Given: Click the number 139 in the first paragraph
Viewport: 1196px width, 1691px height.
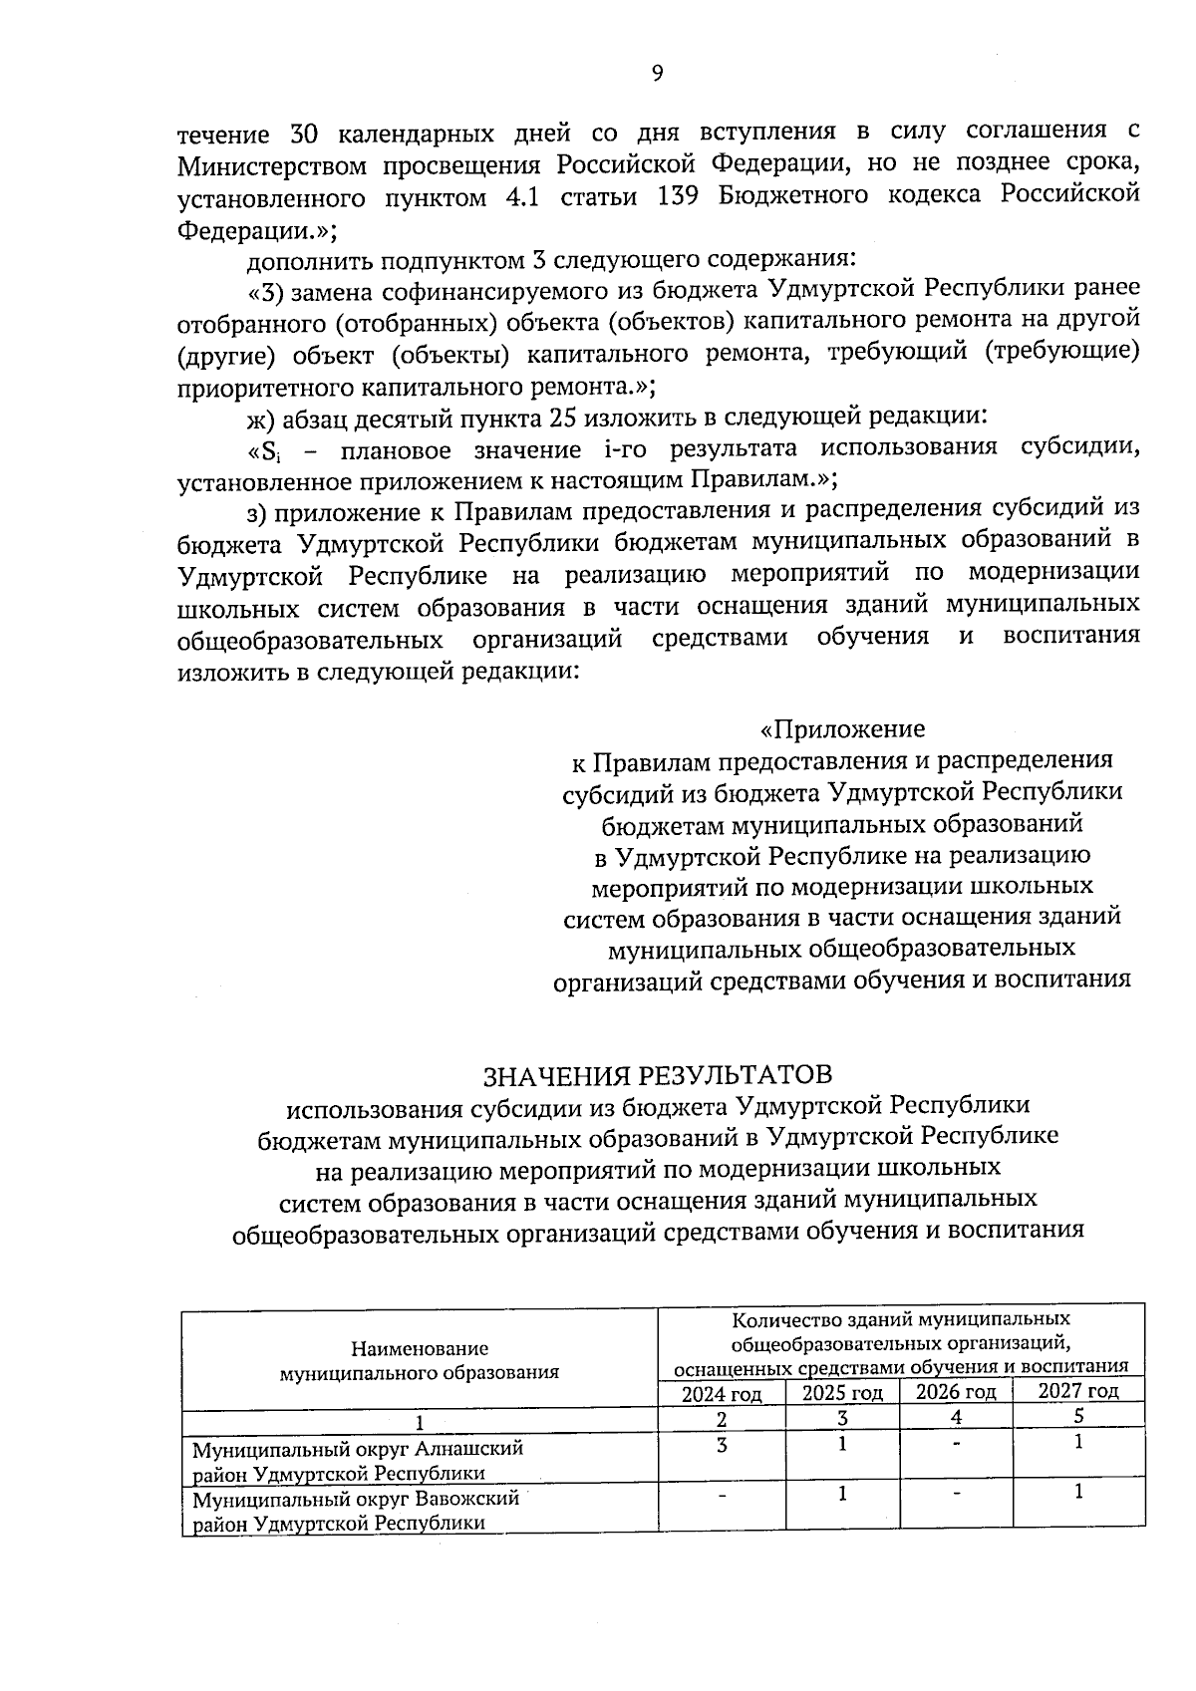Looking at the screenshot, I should pos(679,195).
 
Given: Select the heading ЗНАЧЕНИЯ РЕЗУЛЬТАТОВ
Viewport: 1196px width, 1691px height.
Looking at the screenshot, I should pos(657,1074).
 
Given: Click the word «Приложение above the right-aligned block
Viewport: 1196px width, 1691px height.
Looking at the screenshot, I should pos(842,728).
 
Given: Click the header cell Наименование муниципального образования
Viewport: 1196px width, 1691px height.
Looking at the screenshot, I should pos(420,1360).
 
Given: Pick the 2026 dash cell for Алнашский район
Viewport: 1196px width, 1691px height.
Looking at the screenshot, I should pos(956,1444).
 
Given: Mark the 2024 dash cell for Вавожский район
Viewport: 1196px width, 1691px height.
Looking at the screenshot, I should pos(722,1495).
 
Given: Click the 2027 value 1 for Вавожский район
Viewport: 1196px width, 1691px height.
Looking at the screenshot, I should pos(1078,1493).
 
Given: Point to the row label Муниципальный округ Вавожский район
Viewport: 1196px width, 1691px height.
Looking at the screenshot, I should pos(357,1511).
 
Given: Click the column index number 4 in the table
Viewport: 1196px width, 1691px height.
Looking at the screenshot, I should pos(956,1416).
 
